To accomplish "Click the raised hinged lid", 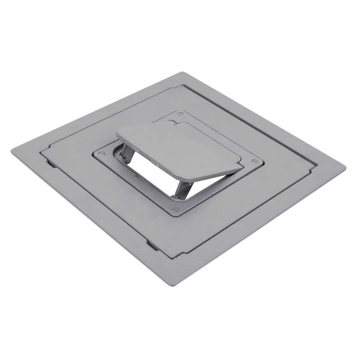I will [x=176, y=148].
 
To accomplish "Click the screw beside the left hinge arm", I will [x=102, y=154].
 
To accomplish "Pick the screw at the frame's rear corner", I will [x=180, y=114].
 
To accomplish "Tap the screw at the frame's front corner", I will [x=176, y=210].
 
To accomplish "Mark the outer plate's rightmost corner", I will [x=345, y=167].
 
